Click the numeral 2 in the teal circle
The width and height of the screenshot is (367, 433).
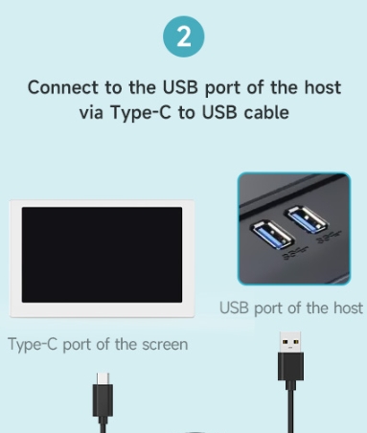point(184,36)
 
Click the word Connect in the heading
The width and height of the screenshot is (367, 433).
point(63,87)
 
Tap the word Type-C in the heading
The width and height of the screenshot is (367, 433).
point(141,113)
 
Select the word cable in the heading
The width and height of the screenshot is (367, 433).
point(266,112)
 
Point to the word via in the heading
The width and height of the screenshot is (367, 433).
point(91,113)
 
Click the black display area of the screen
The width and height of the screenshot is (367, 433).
point(102,255)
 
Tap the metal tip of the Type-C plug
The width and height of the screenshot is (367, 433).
point(103,378)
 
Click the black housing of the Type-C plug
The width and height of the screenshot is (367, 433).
point(103,400)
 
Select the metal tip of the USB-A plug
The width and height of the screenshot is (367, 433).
point(290,342)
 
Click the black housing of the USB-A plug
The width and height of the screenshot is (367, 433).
point(290,367)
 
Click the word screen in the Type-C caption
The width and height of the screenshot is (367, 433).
point(165,344)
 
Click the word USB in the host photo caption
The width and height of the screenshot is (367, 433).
point(234,308)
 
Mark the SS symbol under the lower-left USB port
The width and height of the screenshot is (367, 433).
point(295,254)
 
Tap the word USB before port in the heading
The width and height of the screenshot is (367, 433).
point(180,87)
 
